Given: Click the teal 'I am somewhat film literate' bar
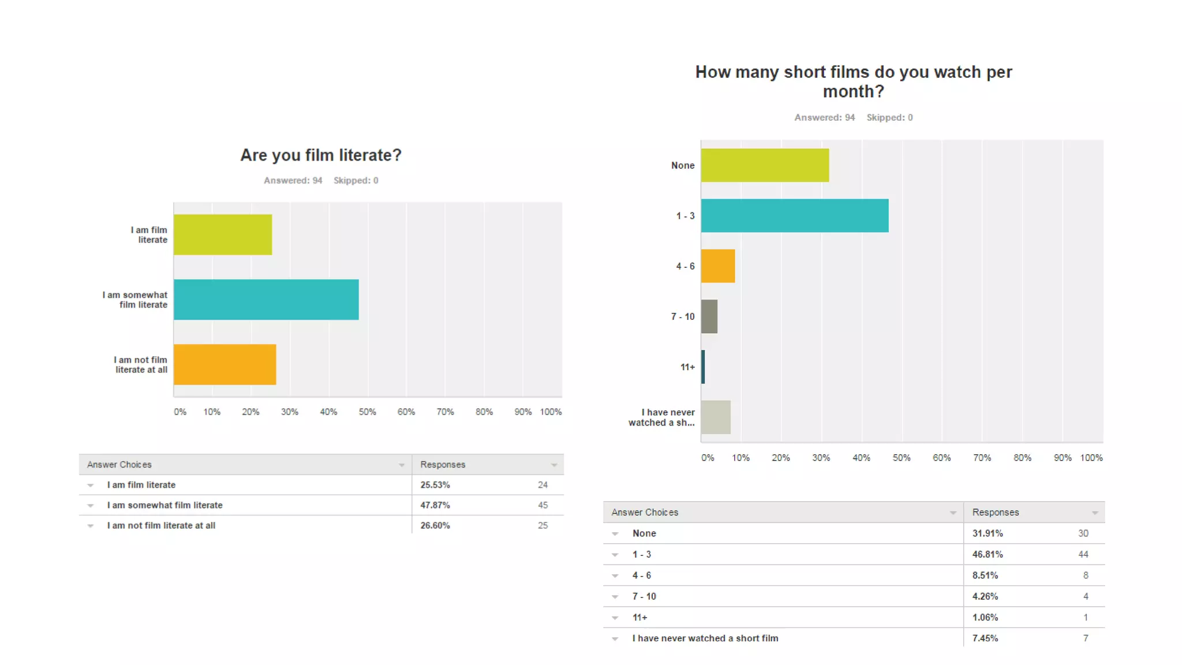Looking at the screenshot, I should [266, 300].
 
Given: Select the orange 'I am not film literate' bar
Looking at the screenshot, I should [225, 364].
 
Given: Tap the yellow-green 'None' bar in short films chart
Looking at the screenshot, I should [765, 165].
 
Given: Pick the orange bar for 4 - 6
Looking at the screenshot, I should [718, 266].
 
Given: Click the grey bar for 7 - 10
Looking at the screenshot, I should [709, 316].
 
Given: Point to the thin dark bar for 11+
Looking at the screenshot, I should [703, 367].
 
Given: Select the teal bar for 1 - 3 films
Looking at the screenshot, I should [795, 215].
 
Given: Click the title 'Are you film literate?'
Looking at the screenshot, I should [320, 155].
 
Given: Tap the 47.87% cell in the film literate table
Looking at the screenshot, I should [435, 505].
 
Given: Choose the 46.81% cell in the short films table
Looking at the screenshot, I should [988, 554].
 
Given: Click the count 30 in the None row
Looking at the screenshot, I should [1083, 533].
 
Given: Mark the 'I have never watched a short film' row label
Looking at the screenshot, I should [705, 638].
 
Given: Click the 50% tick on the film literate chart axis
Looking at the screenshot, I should [367, 412].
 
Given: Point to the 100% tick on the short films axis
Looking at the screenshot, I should [1091, 458].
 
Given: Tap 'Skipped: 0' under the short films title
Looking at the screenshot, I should [889, 117].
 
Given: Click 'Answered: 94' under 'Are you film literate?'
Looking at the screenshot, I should [293, 180].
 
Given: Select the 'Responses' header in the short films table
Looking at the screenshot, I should [996, 512].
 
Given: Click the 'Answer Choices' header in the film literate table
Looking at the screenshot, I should [119, 465].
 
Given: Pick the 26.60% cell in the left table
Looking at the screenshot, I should [435, 525].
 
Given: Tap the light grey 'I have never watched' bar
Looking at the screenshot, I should [716, 417].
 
